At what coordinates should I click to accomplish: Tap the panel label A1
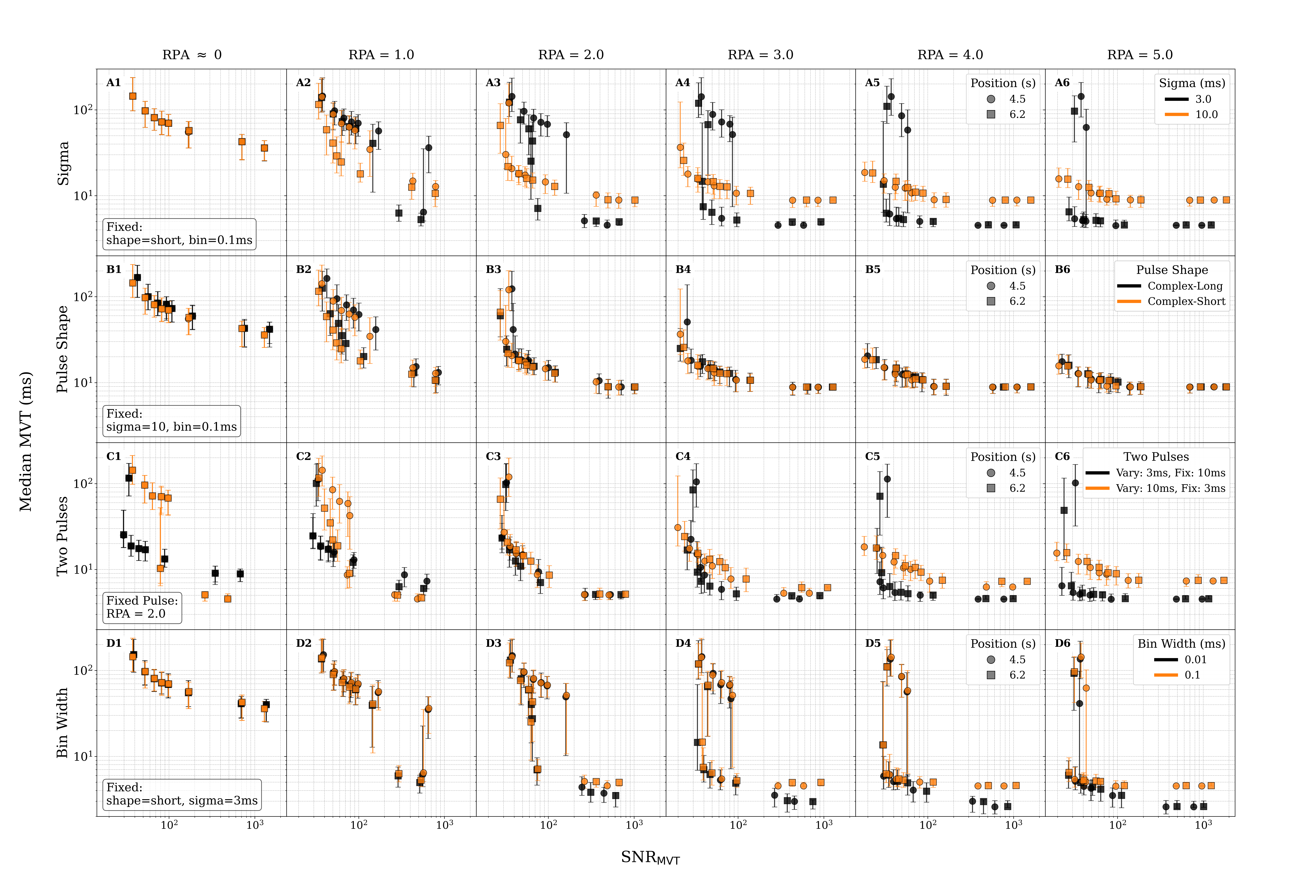point(114,83)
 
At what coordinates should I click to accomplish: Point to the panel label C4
point(683,456)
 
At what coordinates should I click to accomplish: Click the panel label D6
point(1062,643)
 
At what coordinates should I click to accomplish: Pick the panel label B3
point(493,269)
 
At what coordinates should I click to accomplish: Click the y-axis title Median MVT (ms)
point(25,441)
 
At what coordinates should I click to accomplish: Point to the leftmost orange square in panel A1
point(133,96)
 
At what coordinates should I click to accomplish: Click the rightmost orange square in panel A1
point(264,148)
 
